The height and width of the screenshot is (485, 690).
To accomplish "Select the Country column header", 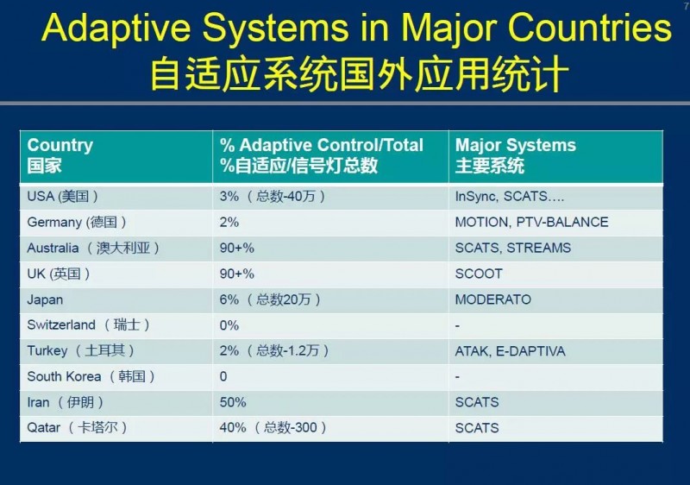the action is click(60, 145).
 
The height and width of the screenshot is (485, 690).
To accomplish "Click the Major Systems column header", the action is click(515, 145).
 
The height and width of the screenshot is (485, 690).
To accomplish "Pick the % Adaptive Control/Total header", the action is click(321, 145).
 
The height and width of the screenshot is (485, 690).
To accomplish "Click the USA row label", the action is click(62, 196).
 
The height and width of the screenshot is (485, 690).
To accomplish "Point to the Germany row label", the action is click(77, 222).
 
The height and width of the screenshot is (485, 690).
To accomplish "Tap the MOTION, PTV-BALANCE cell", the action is click(531, 222).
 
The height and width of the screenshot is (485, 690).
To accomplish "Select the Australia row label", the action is click(93, 248).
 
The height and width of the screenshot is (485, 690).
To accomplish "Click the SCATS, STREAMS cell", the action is click(512, 248).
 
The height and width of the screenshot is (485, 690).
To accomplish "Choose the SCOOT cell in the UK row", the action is click(479, 274).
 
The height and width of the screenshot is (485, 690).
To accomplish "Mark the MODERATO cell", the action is click(492, 299).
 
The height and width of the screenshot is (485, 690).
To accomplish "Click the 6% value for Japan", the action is click(229, 299).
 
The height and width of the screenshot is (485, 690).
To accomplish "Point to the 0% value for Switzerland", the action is click(229, 325).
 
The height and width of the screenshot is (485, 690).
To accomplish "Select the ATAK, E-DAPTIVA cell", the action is click(510, 351).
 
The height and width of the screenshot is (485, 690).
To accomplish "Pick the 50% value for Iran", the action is click(233, 402).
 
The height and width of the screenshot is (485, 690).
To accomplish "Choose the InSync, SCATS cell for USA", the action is click(509, 196).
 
